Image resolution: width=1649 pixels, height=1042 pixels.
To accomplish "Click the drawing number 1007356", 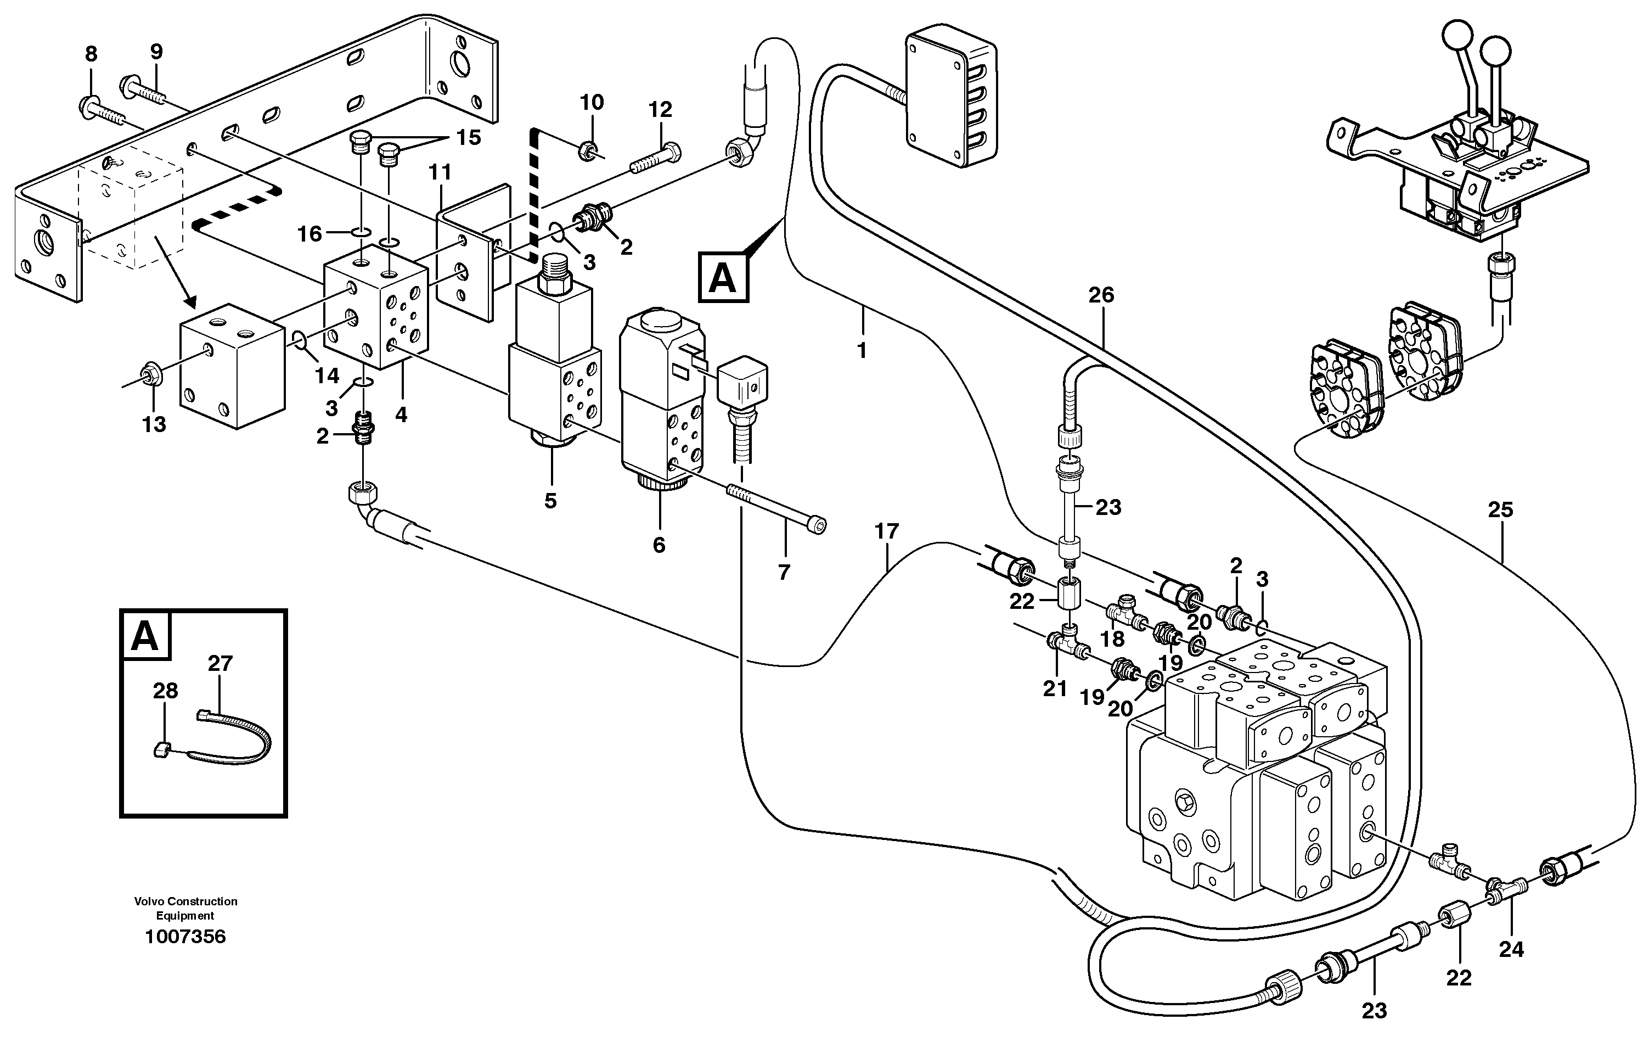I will click(185, 937).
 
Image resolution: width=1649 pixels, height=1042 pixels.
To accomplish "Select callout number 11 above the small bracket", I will click(440, 172).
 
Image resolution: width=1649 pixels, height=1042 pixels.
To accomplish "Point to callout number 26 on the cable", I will click(1101, 295).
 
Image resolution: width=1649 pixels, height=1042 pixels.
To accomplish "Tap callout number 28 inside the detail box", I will click(165, 691).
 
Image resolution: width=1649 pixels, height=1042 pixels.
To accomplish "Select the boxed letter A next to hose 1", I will click(723, 277).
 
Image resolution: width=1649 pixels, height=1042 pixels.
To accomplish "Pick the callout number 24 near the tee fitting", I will click(1511, 950).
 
